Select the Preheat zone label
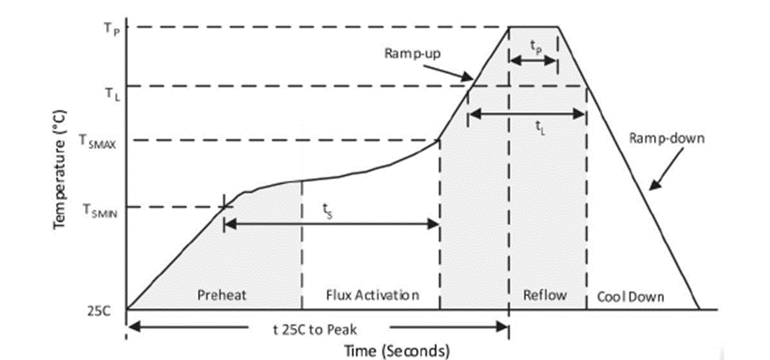click(220, 295)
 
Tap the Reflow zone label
click(545, 295)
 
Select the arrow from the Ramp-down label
click(660, 173)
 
